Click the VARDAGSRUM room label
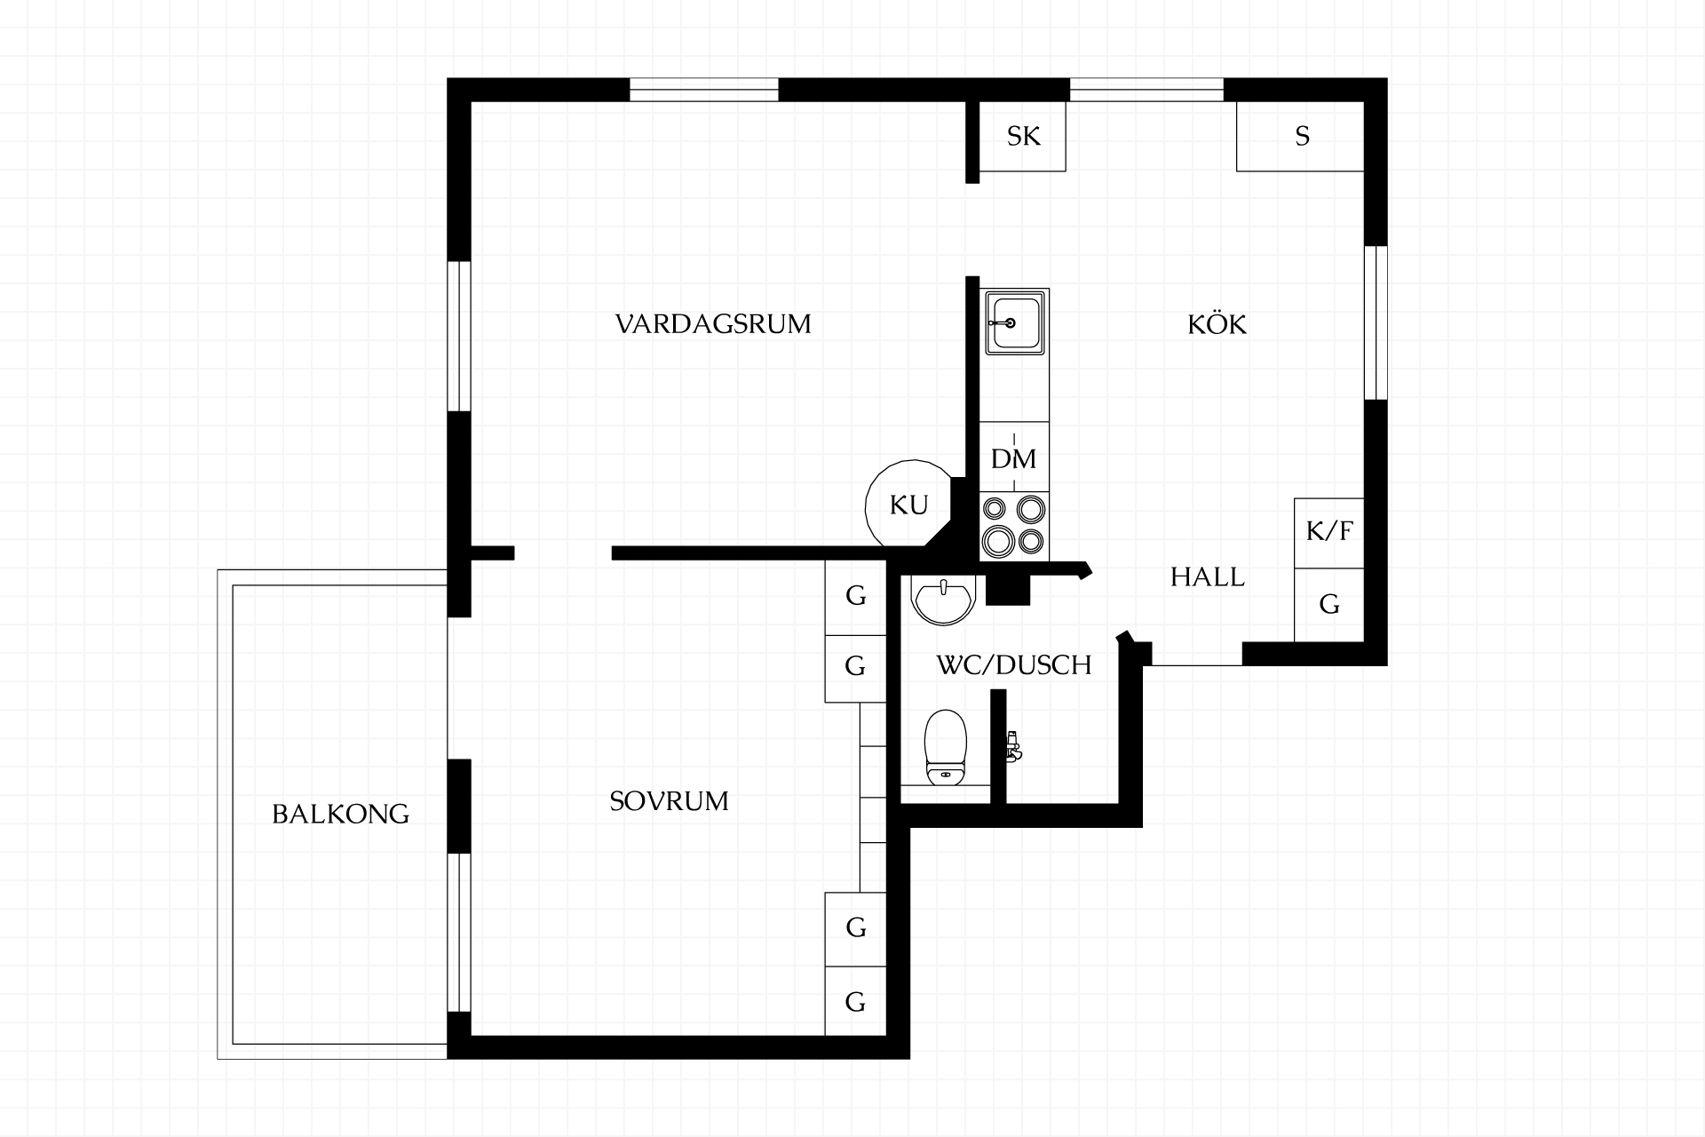tap(713, 323)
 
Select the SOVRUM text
tap(669, 801)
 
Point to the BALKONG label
tap(340, 814)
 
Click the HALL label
tap(1207, 577)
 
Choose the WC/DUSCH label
tap(1013, 664)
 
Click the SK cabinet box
tap(1022, 136)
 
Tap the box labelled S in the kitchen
tap(1300, 136)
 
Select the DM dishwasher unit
tap(1014, 457)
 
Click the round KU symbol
tap(908, 505)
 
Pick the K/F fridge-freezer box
tap(1328, 533)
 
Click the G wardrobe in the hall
tap(1328, 605)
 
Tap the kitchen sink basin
tap(1014, 322)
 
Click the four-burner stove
tap(1014, 526)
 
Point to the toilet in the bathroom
tap(945, 748)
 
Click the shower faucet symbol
tap(1012, 745)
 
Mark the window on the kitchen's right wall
tap(1376, 322)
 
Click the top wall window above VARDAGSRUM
tap(704, 90)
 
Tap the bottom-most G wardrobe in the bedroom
tap(855, 1001)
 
